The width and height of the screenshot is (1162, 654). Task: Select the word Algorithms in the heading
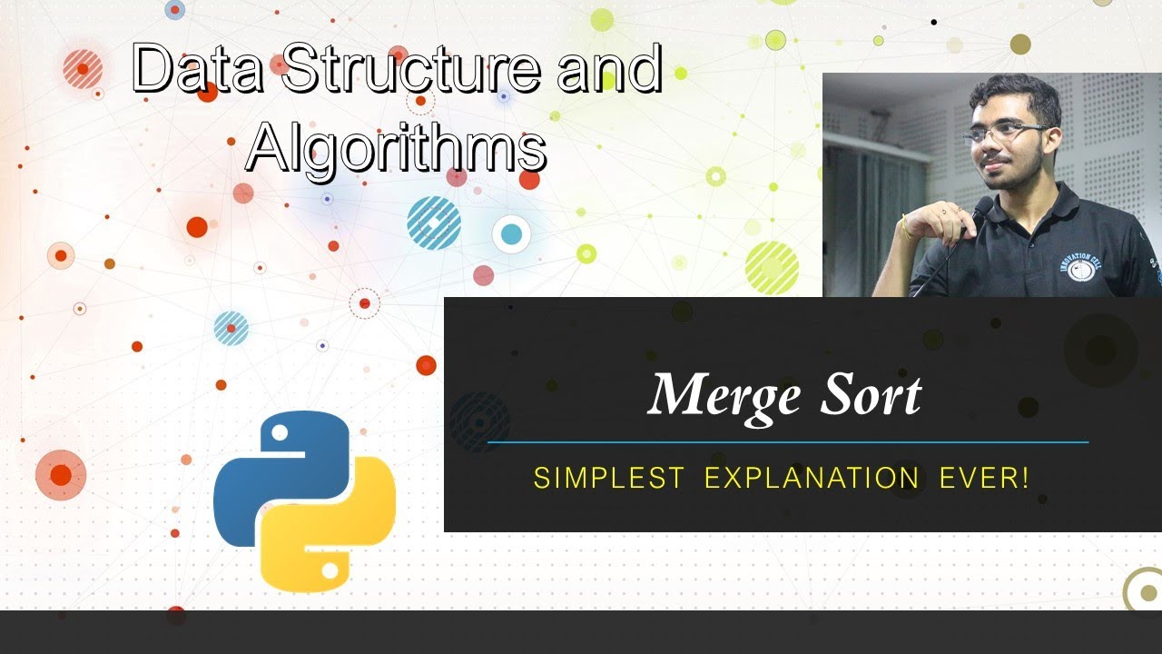click(396, 147)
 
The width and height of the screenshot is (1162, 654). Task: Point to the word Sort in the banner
click(871, 395)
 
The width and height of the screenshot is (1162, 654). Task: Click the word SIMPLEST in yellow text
click(608, 478)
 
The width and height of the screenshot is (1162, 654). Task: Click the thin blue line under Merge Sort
click(787, 442)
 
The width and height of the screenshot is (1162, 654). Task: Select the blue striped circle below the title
click(434, 223)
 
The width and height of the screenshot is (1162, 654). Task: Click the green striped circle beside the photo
click(772, 267)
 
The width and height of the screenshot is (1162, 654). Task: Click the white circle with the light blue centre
click(511, 234)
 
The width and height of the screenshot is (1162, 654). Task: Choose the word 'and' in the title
click(609, 70)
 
